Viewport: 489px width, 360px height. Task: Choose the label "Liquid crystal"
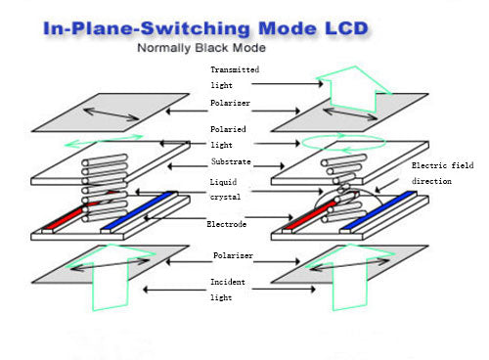227,189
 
